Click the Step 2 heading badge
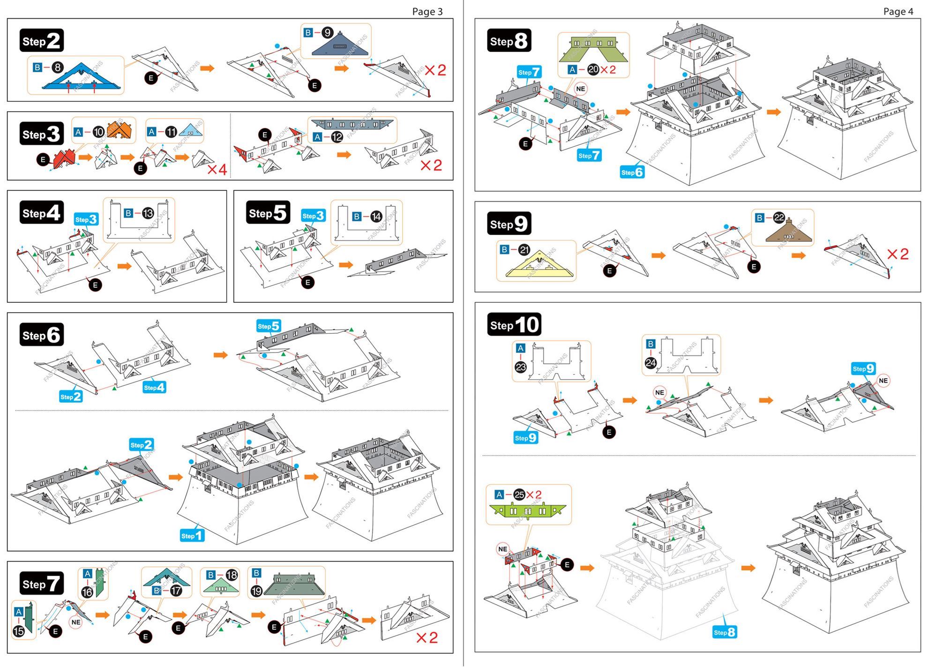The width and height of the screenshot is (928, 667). click(41, 41)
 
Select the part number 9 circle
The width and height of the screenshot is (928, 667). click(327, 33)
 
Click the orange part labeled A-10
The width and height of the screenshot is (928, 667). click(120, 130)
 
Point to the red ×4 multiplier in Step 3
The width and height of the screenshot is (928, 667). click(217, 169)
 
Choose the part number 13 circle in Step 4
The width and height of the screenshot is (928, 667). click(148, 213)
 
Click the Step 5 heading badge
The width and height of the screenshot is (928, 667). click(268, 213)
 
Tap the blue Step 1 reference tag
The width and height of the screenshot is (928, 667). click(192, 535)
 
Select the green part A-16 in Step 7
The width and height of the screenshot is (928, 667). click(100, 583)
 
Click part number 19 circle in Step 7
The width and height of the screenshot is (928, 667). click(256, 591)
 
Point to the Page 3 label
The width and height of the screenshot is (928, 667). click(427, 11)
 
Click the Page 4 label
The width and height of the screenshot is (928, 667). click(898, 11)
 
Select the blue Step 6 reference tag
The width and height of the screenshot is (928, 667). click(632, 172)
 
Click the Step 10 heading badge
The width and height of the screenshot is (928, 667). click(514, 324)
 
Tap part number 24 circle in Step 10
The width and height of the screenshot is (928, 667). click(651, 362)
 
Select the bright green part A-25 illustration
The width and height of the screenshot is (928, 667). click(527, 510)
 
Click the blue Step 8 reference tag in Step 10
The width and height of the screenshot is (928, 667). click(725, 632)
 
